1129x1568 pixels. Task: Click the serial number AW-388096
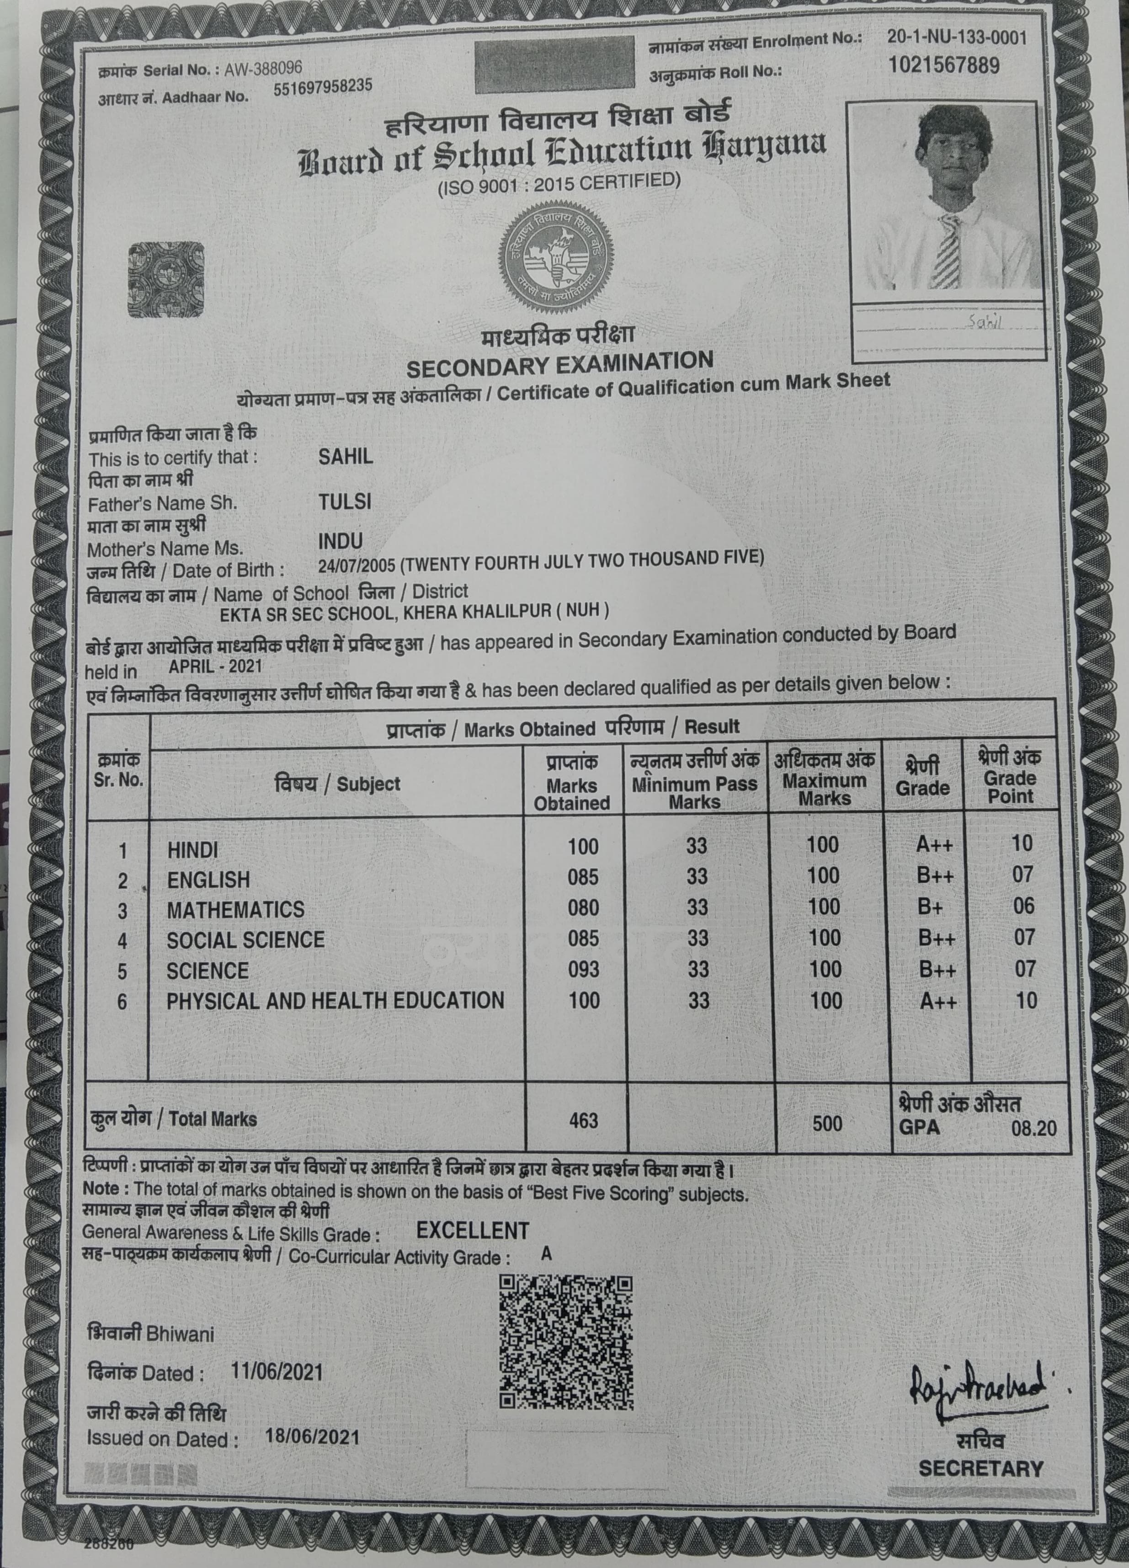point(263,67)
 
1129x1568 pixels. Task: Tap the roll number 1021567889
point(944,66)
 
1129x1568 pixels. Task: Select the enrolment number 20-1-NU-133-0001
point(957,36)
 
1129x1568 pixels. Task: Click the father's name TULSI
point(344,502)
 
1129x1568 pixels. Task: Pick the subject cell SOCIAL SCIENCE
point(245,939)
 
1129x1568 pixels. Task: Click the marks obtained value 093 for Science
point(583,969)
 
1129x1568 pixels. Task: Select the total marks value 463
point(583,1120)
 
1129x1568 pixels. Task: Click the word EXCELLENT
point(472,1231)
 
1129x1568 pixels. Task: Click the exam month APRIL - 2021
point(215,667)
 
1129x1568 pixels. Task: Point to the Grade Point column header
point(1010,777)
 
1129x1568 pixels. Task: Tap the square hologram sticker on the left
point(166,279)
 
